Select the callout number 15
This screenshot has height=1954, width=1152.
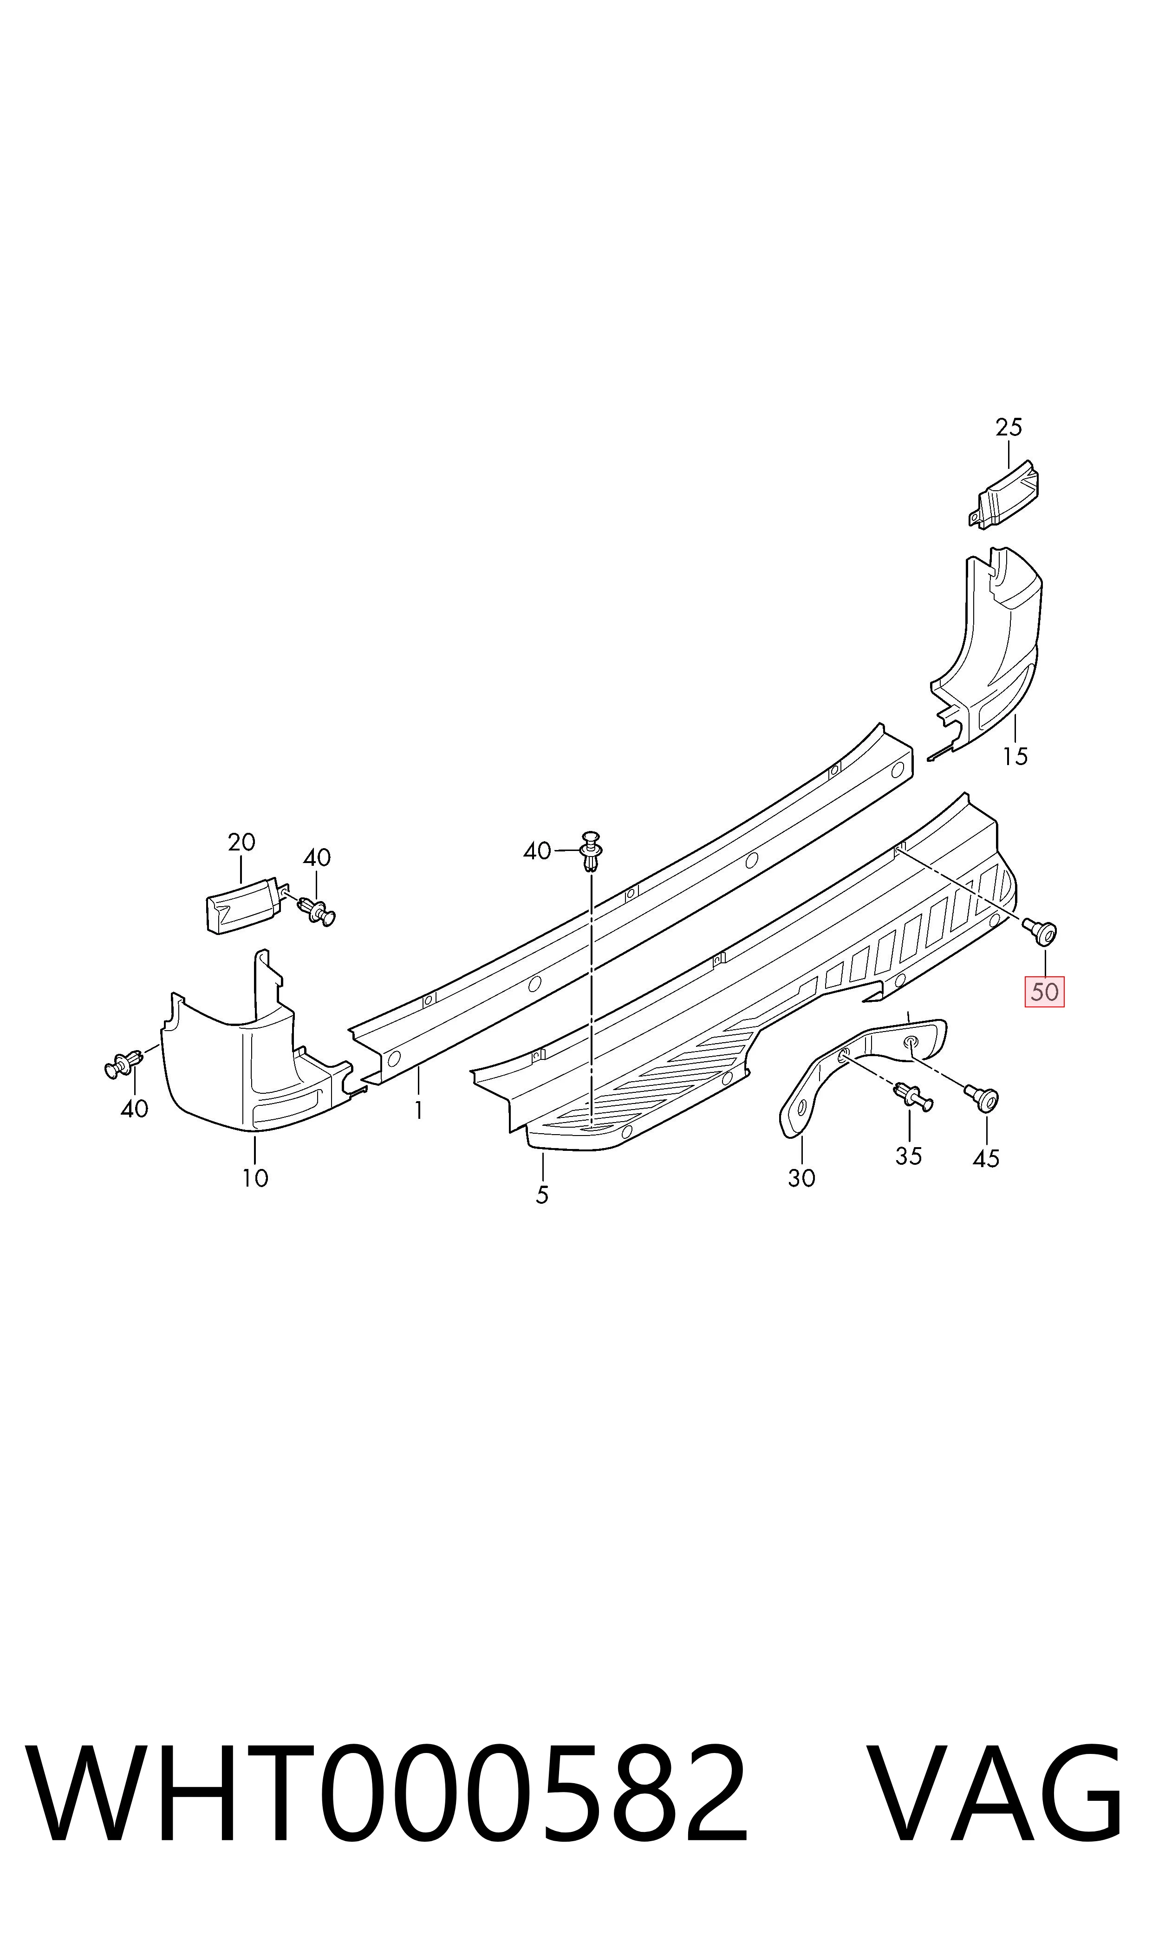(x=1015, y=756)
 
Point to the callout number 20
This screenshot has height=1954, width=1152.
(x=241, y=842)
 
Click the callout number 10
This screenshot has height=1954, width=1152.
(x=254, y=1178)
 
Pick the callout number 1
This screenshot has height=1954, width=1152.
(x=418, y=1110)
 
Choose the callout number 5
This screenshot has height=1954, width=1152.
(x=542, y=1195)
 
